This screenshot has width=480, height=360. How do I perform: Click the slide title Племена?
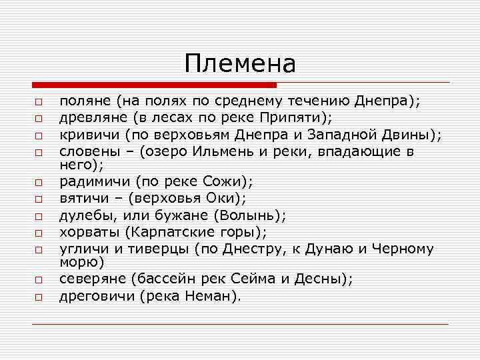pyautogui.click(x=240, y=64)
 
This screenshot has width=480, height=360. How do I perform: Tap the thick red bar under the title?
pyautogui.click(x=154, y=85)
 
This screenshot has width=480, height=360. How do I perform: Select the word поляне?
pyautogui.click(x=85, y=103)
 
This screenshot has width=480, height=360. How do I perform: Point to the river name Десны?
pyautogui.click(x=309, y=279)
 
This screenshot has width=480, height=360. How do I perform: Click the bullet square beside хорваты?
pyautogui.click(x=39, y=233)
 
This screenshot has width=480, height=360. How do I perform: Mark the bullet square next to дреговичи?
pyautogui.click(x=39, y=296)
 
